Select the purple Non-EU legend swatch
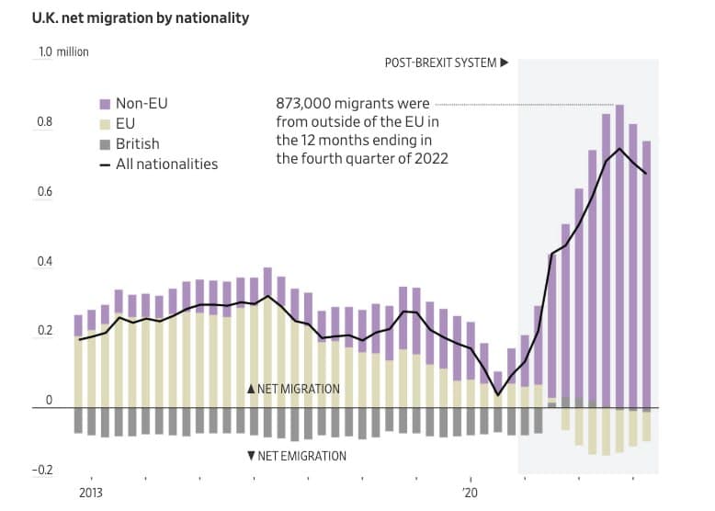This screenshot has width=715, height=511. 105,104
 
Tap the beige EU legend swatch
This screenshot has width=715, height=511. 105,124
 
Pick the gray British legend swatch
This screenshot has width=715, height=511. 105,144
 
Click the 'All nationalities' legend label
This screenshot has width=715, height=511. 166,165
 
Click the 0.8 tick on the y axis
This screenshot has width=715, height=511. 44,123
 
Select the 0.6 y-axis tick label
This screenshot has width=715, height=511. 44,193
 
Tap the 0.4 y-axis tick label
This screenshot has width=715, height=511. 44,263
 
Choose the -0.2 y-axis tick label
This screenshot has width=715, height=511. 42,471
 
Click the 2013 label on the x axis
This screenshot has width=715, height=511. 90,493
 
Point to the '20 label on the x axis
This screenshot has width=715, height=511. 471,493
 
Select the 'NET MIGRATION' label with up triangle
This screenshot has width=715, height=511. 293,389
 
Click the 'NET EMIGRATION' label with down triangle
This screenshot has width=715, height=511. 296,456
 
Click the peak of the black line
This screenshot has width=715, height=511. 619,149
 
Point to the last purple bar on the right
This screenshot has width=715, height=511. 646,276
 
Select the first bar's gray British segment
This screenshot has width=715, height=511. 78,420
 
